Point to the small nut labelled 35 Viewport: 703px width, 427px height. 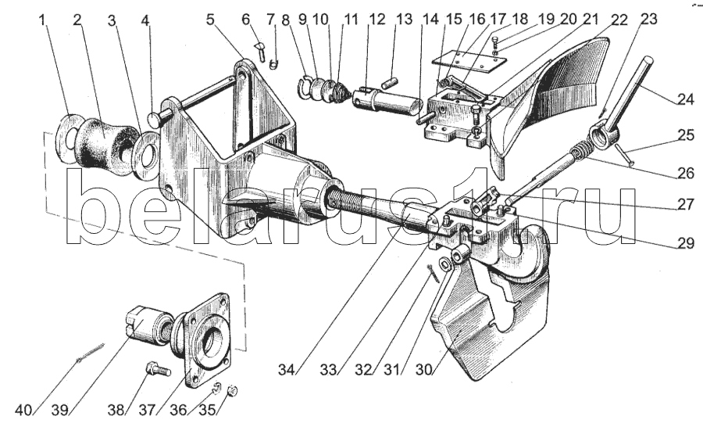232,391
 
